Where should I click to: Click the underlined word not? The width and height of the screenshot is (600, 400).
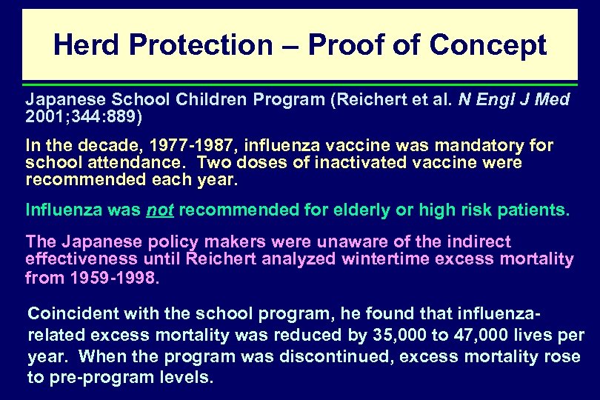159,210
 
